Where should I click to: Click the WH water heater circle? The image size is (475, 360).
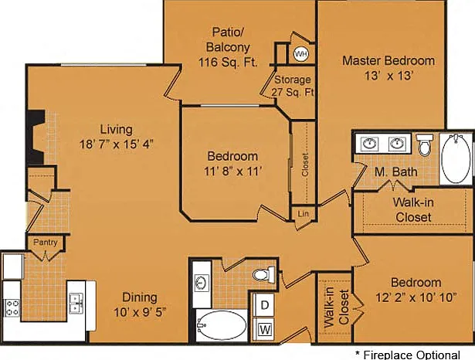(300, 54)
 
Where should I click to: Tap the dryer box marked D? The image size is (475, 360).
(265, 305)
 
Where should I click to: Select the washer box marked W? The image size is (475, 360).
(266, 329)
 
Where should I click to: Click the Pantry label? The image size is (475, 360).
(45, 243)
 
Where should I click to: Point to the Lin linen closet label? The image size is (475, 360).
(303, 214)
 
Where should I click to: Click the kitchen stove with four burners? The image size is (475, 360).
(12, 307)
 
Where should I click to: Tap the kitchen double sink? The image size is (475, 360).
(76, 304)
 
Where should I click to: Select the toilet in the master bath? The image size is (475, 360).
(424, 144)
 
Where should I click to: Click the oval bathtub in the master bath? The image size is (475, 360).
(456, 158)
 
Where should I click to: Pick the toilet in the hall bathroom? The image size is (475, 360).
(264, 274)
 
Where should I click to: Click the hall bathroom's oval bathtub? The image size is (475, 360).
(222, 325)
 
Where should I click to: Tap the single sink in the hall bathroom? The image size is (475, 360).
(202, 284)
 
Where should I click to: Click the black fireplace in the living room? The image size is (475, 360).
(36, 138)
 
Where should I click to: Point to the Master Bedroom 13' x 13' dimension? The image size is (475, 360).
(388, 76)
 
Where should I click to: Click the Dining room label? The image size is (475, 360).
(140, 297)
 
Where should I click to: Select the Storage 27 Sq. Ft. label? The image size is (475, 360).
(293, 86)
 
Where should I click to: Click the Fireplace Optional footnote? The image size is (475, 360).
(408, 355)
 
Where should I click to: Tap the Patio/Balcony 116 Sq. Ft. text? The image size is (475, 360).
(228, 47)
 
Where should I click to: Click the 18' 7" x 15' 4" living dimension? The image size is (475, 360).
(117, 144)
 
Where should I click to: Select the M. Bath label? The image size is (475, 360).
(396, 172)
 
